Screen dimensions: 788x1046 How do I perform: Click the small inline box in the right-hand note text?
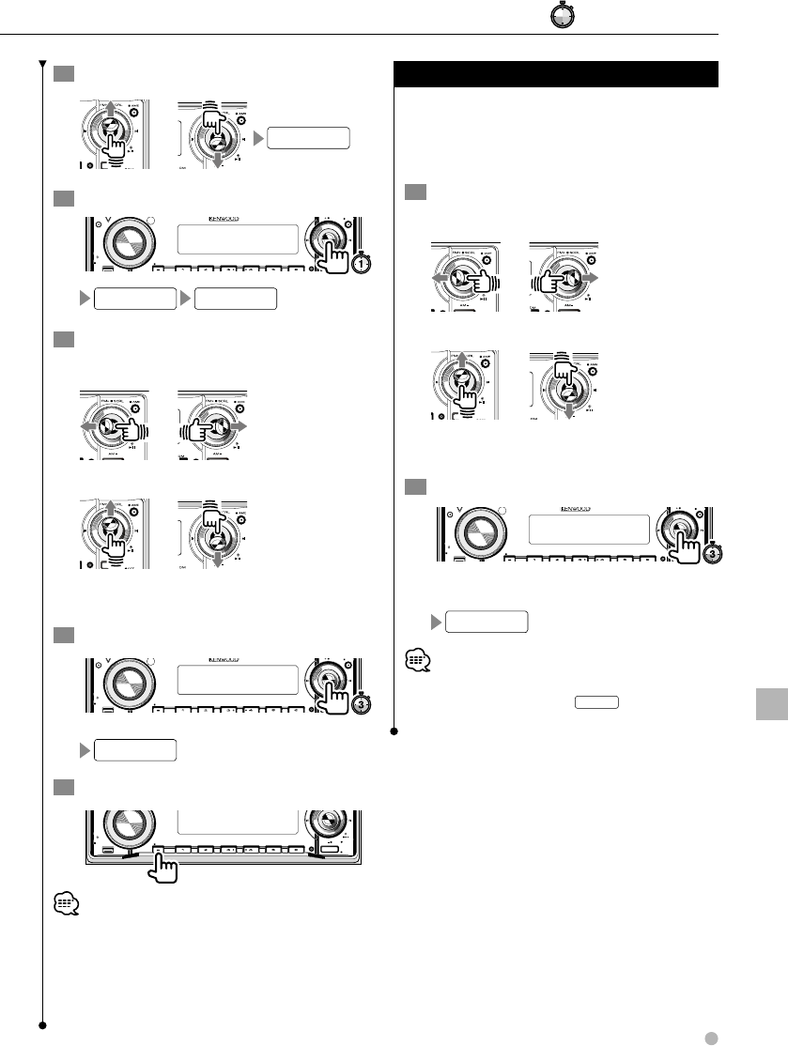tap(597, 702)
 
